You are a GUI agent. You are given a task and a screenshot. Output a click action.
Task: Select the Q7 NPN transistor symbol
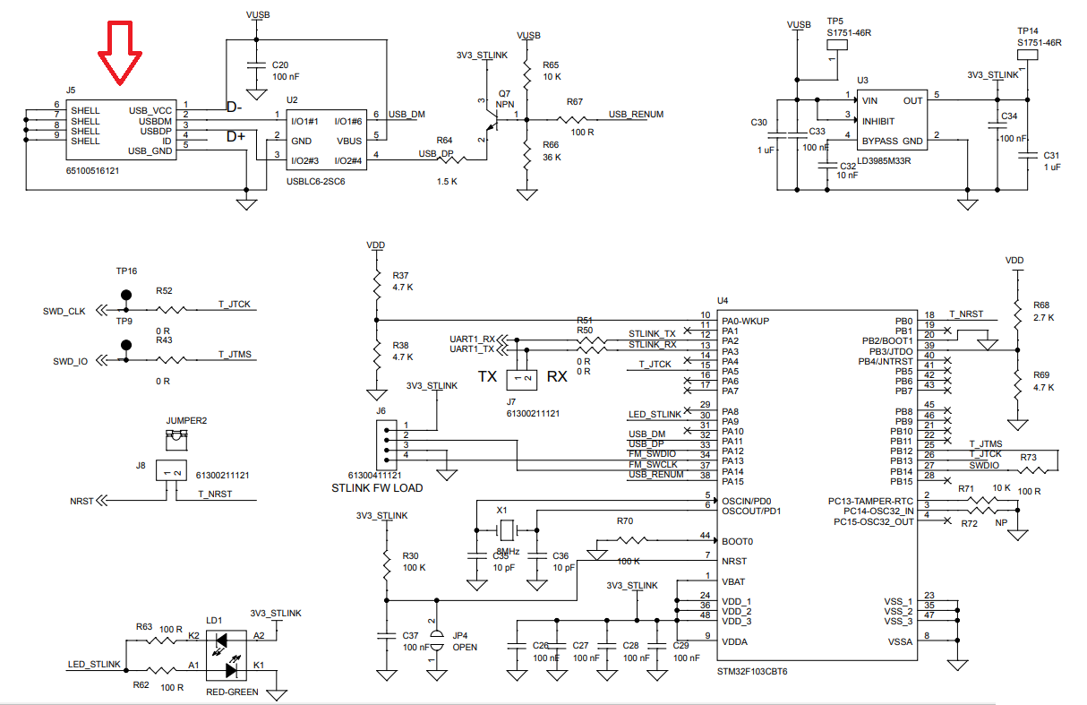488,117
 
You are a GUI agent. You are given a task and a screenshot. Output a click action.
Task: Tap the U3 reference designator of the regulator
862,81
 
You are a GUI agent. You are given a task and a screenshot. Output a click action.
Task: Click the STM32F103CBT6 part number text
751,671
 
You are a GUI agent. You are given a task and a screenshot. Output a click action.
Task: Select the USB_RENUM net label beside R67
636,115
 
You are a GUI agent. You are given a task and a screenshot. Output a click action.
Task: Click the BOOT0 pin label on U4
738,541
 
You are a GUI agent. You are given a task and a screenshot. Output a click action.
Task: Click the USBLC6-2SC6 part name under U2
315,181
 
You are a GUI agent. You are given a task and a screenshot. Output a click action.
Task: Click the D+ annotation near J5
235,137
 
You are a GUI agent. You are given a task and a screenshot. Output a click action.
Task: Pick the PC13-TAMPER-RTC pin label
873,501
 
